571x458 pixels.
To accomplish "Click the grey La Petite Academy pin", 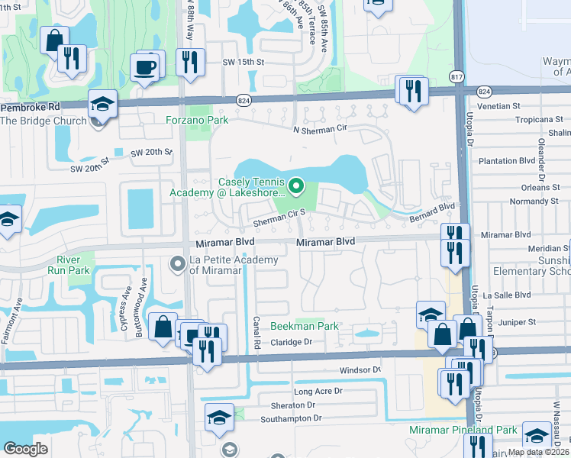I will coord(177,265).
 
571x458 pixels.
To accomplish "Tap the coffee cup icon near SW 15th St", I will coord(146,68).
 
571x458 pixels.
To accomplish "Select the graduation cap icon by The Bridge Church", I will coord(102,103).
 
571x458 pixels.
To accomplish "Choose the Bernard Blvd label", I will coord(434,211).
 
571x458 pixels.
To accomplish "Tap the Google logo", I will coord(26,449).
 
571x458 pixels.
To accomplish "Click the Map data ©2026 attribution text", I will coord(537,452).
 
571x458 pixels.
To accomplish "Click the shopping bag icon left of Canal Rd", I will coord(163,327).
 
